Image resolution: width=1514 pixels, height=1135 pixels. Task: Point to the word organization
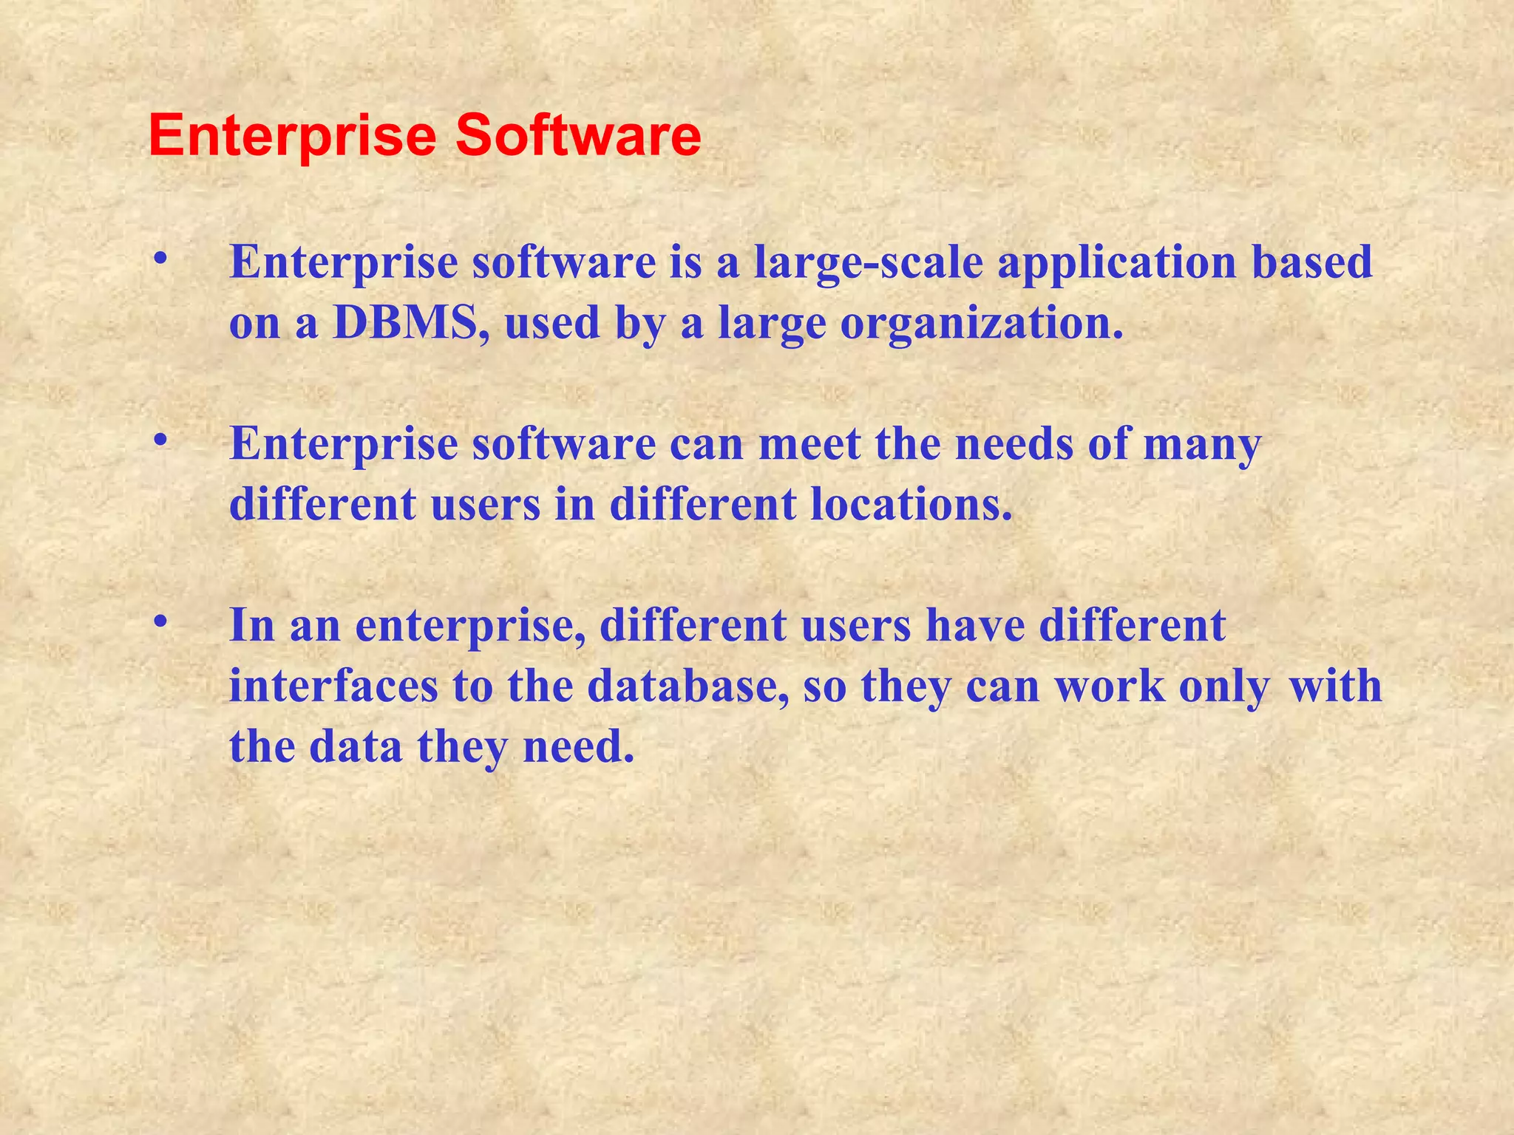pos(981,324)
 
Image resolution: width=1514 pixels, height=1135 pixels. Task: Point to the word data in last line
pos(356,746)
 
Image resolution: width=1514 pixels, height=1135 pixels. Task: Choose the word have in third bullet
pos(975,626)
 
